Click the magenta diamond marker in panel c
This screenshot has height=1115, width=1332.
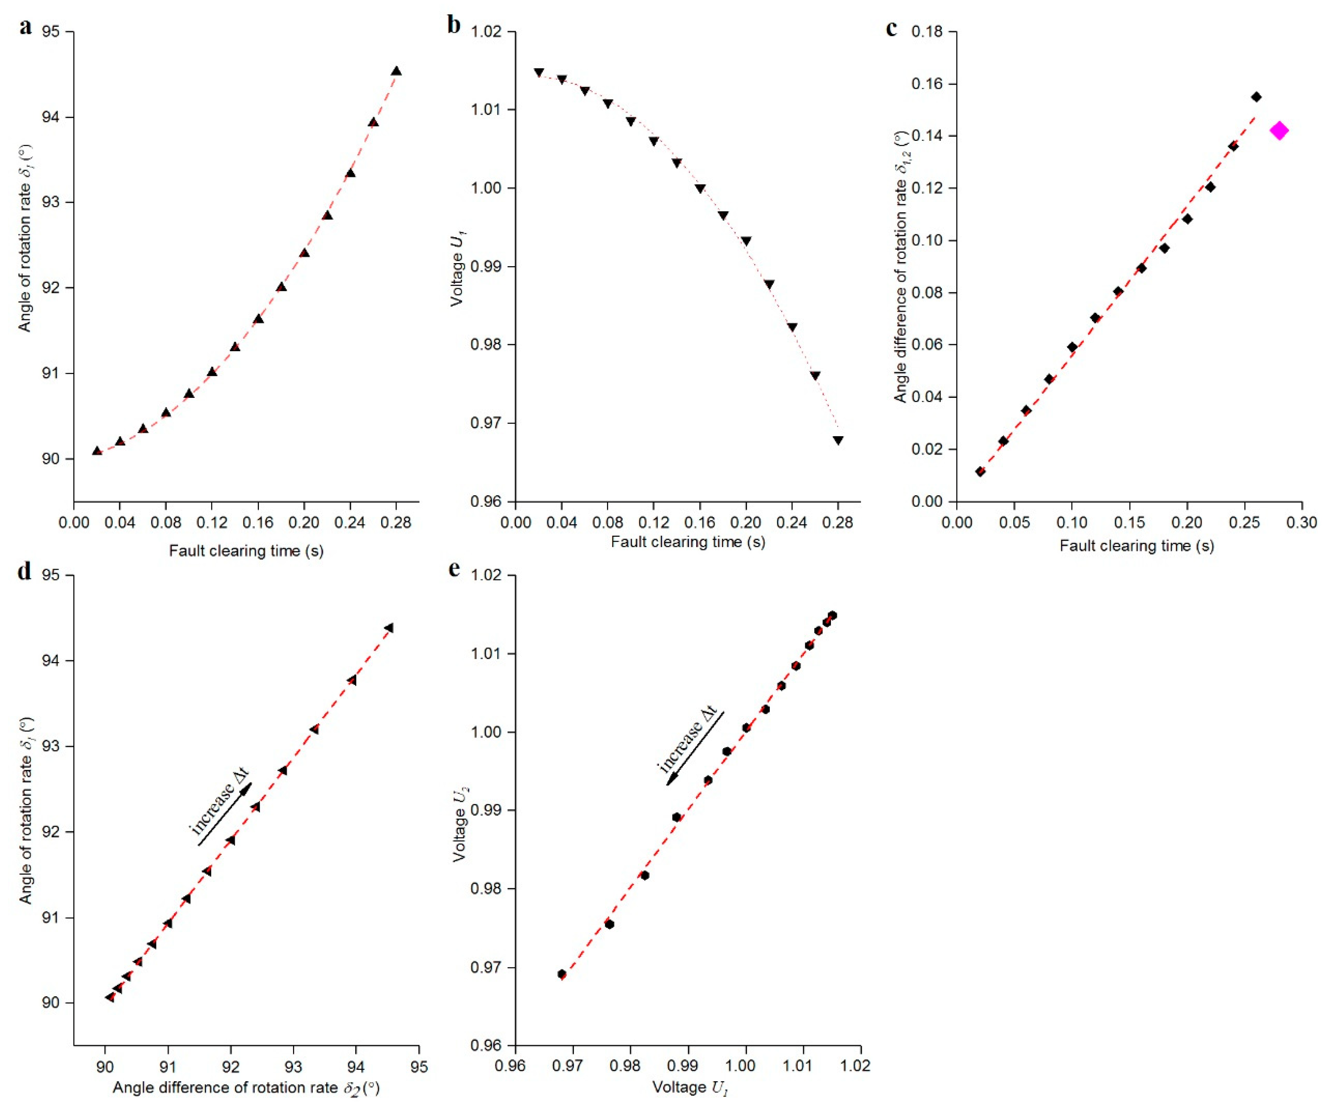point(1279,131)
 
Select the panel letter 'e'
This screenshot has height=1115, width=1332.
point(454,569)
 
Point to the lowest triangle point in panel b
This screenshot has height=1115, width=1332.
point(838,440)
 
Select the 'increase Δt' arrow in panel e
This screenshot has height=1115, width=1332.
point(695,748)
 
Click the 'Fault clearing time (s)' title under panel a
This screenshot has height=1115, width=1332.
point(246,550)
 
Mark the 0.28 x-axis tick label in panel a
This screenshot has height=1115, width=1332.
point(396,523)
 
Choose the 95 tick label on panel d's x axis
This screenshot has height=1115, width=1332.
point(419,1067)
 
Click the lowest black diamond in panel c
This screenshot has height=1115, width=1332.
point(980,471)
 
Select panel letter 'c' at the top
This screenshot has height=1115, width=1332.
point(892,28)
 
